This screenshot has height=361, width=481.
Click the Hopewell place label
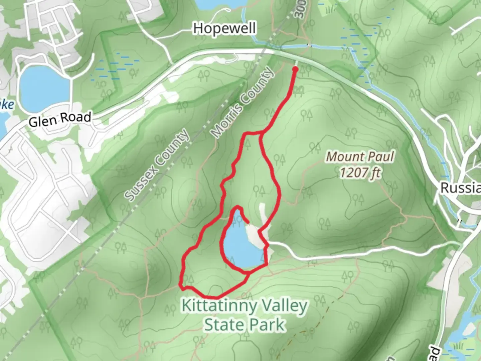pos(224,28)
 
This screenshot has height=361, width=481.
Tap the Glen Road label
pos(60,119)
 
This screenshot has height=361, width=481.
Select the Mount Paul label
pos(360,156)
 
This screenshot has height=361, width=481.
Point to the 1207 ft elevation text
pos(360,172)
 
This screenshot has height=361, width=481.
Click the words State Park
pos(245,325)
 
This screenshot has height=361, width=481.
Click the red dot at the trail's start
pos(295,69)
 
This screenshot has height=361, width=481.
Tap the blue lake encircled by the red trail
pos(240,246)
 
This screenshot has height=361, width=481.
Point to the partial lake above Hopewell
pos(221,4)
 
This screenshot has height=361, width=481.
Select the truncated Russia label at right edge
pos(461,188)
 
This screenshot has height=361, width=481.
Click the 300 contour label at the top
pos(300,10)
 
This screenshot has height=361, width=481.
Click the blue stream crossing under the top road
pos(309,46)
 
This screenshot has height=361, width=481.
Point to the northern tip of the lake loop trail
pos(237,207)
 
